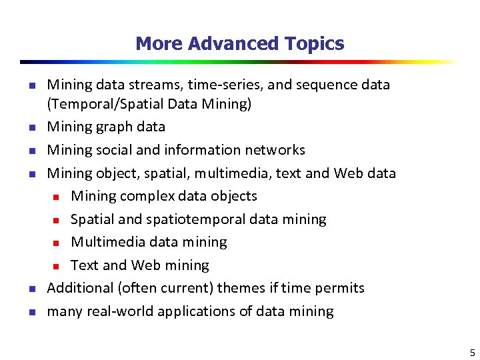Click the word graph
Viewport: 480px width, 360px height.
pos(116,127)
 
